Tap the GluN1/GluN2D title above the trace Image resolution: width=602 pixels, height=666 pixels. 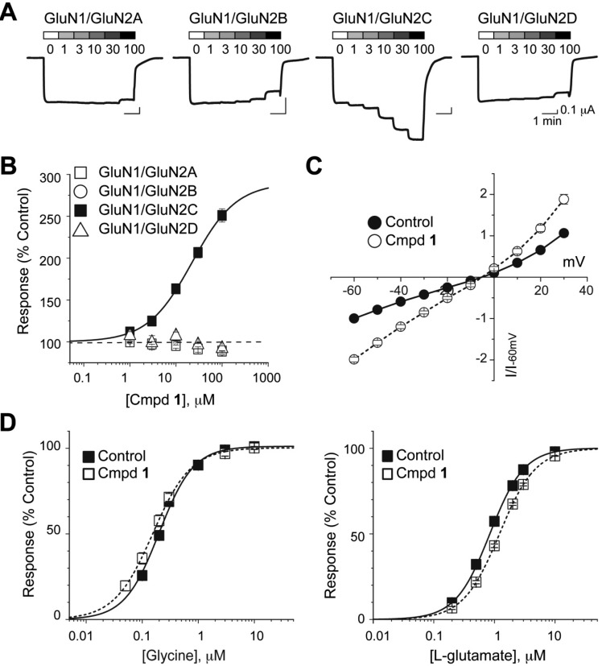point(524,17)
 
